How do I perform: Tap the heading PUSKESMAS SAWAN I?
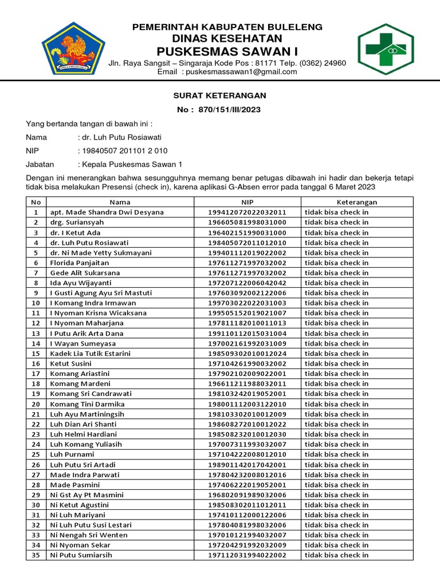click(x=227, y=52)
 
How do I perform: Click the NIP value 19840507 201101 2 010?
click(x=125, y=151)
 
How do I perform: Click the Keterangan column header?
click(x=356, y=202)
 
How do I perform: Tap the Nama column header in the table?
click(x=120, y=202)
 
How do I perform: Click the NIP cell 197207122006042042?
click(x=247, y=283)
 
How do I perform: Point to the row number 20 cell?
click(x=36, y=403)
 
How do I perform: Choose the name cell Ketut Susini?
click(x=70, y=363)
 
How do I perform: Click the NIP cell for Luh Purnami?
click(x=247, y=454)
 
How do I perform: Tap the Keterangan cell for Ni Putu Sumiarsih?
click(x=336, y=555)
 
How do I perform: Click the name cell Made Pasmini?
click(x=76, y=484)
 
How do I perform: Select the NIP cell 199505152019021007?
click(x=247, y=313)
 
